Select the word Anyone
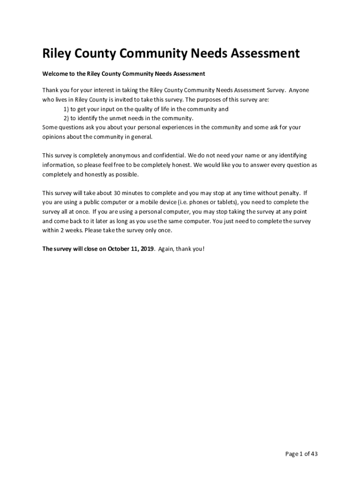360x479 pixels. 299,90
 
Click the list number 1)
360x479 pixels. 66,109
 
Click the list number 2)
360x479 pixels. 66,118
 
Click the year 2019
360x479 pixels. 146,249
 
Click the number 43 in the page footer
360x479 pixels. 314,454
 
